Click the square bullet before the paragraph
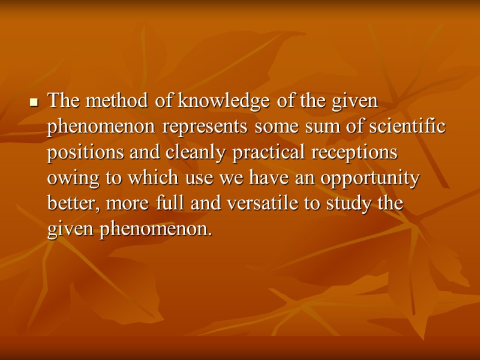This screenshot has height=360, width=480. point(34,103)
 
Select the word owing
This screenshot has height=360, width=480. point(68,179)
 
